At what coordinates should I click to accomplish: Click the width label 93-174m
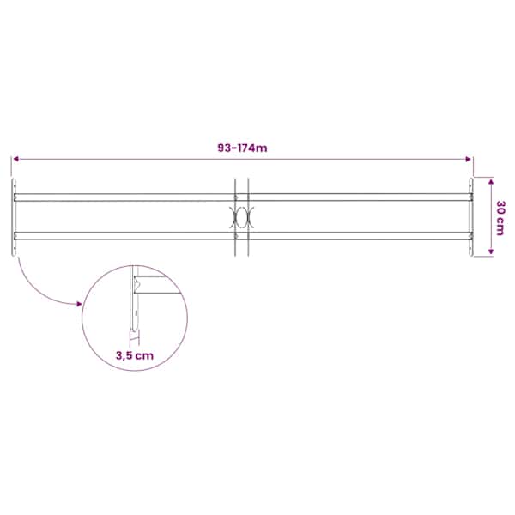pyautogui.click(x=242, y=148)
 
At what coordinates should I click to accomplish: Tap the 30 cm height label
pyautogui.click(x=500, y=218)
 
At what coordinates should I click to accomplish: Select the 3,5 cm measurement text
pyautogui.click(x=135, y=355)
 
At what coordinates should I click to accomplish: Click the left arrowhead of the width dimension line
pyautogui.click(x=15, y=160)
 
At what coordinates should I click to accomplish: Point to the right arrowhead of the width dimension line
pyautogui.click(x=469, y=160)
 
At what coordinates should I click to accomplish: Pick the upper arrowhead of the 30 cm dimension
pyautogui.click(x=491, y=181)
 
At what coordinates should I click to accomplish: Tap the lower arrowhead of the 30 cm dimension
pyautogui.click(x=491, y=251)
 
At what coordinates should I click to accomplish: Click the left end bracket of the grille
pyautogui.click(x=14, y=217)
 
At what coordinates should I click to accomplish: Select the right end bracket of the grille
pyautogui.click(x=471, y=217)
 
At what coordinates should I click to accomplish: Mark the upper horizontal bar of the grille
pyautogui.click(x=242, y=197)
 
